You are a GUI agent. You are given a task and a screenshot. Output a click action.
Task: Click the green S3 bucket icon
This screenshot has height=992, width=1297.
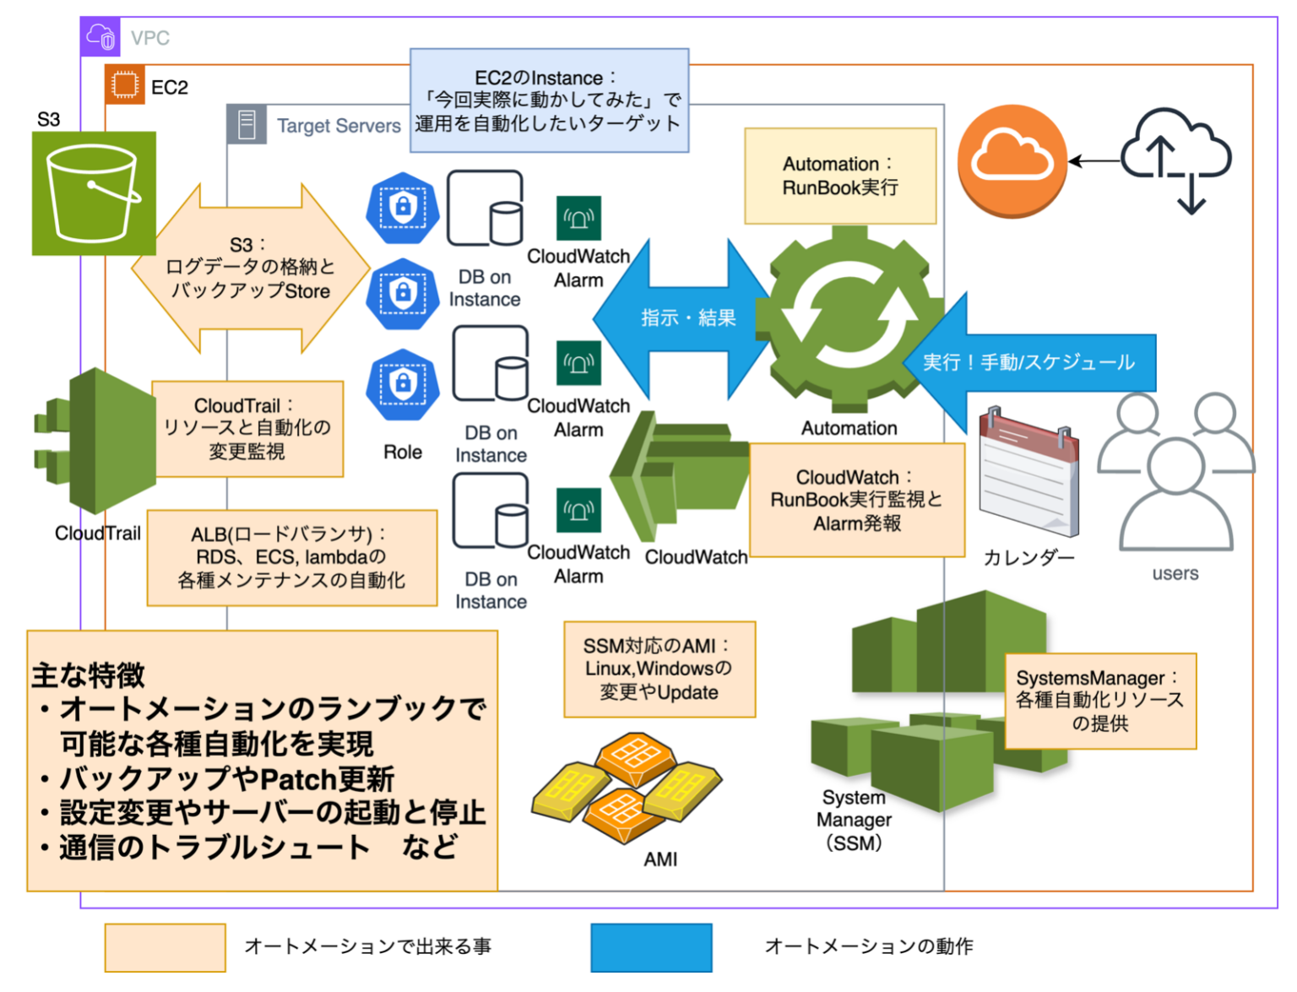[x=94, y=193]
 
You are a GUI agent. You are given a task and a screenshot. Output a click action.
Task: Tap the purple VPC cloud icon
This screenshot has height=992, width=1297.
[x=100, y=37]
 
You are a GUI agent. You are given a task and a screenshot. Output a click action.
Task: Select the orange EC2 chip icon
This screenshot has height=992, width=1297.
[x=125, y=85]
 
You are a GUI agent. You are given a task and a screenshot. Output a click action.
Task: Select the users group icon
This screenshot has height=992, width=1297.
[x=1175, y=473]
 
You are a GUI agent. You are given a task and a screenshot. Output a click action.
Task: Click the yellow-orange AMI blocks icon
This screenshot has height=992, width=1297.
[x=626, y=787]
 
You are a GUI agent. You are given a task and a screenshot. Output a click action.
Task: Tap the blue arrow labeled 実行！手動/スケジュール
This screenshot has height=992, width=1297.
[x=1030, y=363]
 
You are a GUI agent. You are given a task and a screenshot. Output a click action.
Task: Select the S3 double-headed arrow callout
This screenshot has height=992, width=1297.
[x=250, y=268]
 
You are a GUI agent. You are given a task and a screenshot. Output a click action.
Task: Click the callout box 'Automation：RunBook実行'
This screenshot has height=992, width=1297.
[x=840, y=176]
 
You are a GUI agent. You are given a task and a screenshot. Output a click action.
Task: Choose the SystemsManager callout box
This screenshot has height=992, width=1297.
[x=1099, y=701]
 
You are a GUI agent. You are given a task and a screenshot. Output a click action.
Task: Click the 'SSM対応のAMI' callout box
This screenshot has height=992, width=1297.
[x=659, y=669]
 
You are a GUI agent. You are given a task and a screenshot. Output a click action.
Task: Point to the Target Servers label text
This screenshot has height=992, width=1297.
[x=339, y=126]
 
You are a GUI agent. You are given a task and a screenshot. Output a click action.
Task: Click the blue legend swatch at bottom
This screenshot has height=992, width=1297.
[x=651, y=947]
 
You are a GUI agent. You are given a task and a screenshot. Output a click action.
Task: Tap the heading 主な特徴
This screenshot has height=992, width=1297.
[x=89, y=675]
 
